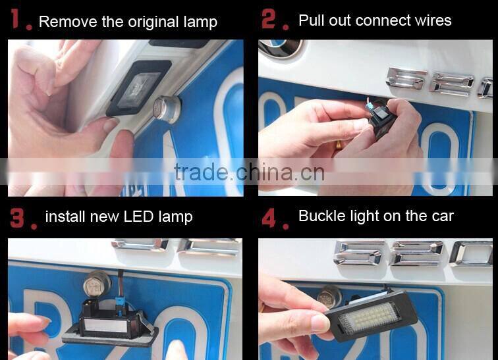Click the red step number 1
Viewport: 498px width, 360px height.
tap(15, 18)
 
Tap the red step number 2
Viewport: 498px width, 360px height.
tap(269, 19)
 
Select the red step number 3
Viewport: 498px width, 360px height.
tap(17, 218)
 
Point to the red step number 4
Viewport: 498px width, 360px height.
tap(269, 218)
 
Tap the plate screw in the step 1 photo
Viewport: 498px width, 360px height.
tap(167, 109)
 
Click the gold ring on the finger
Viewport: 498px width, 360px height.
tap(339, 145)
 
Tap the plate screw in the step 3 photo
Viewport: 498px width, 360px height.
tap(97, 283)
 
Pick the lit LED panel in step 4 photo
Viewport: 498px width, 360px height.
tap(368, 318)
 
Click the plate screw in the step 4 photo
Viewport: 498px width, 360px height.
tap(329, 296)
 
